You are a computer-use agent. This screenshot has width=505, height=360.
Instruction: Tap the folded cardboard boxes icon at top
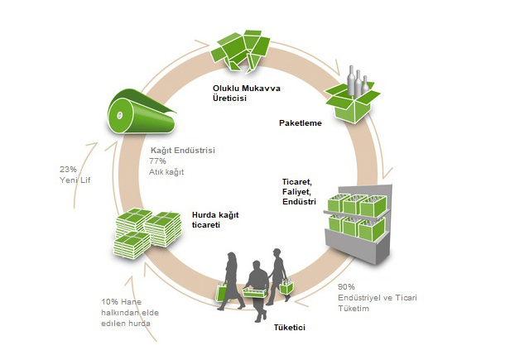pos(245,47)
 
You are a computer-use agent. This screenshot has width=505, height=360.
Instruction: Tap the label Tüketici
pos(290,328)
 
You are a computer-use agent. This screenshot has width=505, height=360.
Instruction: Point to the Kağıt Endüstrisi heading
pos(182,150)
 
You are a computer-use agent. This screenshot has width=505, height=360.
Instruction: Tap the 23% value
pos(68,170)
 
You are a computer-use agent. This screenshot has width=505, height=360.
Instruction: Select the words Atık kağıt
pos(167,171)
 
